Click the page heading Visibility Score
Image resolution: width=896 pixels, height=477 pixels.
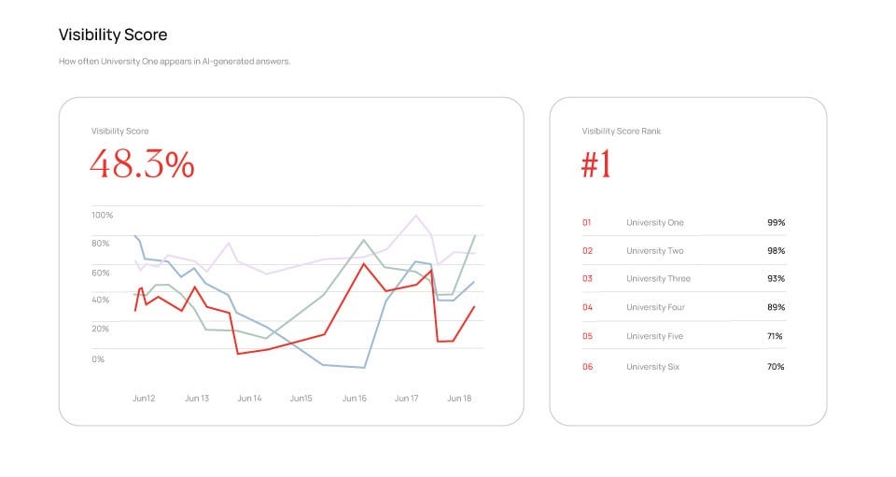[x=113, y=35]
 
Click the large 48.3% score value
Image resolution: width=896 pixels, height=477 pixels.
[x=142, y=164]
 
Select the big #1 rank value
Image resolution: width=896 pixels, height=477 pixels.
[x=596, y=164]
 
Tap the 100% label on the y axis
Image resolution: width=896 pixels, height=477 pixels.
[x=102, y=215]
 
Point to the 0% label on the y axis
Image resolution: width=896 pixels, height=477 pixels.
[x=98, y=358]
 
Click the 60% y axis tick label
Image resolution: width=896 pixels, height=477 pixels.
[x=101, y=272]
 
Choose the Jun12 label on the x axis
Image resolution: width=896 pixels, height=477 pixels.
[x=144, y=399]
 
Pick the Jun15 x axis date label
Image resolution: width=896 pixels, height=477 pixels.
[x=301, y=399]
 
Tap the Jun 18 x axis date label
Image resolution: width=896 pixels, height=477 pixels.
[x=459, y=399]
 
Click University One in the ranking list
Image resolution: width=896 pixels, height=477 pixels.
[x=654, y=223]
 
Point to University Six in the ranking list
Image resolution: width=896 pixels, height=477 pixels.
[x=652, y=367]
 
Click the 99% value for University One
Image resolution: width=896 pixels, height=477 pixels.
[x=776, y=223]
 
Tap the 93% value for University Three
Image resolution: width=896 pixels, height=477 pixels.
[x=776, y=279]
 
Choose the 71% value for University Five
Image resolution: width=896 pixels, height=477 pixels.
[x=775, y=336]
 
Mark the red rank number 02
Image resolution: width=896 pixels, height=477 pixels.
[x=587, y=251]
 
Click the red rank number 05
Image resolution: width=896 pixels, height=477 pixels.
[x=587, y=336]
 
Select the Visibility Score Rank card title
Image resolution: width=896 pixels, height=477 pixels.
[x=621, y=132]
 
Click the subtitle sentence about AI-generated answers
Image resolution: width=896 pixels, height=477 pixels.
[x=175, y=62]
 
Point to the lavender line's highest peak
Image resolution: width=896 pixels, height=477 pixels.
[x=415, y=216]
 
